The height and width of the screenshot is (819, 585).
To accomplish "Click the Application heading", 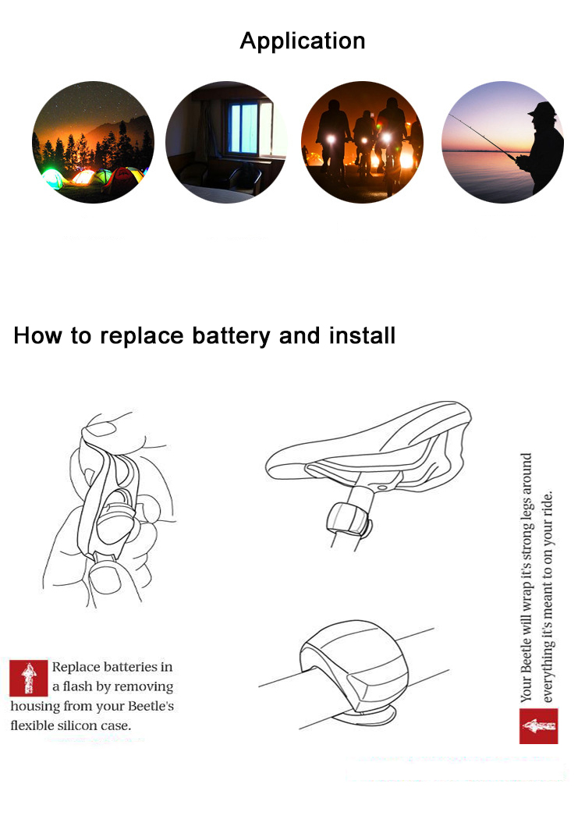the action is click(x=303, y=41).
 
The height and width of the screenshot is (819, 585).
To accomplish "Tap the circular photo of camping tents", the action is click(x=93, y=142).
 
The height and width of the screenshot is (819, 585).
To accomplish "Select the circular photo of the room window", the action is click(x=226, y=142).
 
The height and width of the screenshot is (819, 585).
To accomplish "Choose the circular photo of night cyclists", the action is click(x=362, y=142).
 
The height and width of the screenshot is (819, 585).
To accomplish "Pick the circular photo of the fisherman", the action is click(x=502, y=142).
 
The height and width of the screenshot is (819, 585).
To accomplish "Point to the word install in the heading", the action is click(x=362, y=335).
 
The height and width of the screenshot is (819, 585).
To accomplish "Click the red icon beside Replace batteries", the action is click(x=29, y=678).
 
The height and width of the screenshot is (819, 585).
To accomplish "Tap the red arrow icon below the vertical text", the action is click(x=538, y=725).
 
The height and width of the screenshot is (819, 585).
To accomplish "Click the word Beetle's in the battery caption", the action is click(x=151, y=706).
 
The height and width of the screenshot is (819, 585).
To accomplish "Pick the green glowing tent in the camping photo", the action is click(x=53, y=179).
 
